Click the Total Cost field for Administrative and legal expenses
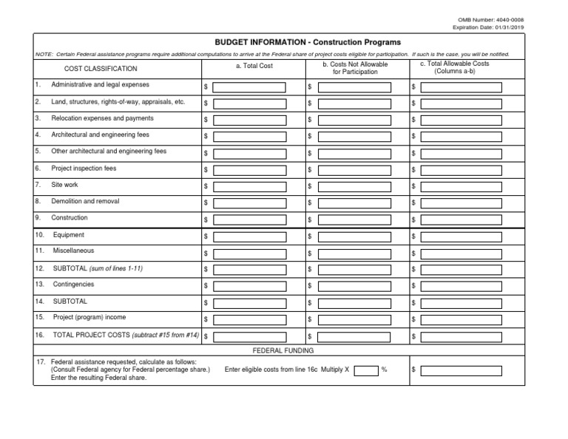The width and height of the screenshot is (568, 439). pos(248,87)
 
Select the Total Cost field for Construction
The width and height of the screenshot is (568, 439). pos(248,219)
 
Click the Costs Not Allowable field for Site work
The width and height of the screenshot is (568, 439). pos(354,186)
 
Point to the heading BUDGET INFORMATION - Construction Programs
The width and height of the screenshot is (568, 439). pos(308,43)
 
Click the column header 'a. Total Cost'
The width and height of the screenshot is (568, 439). pos(254,67)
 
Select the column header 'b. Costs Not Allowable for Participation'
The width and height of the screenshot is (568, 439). pos(355,68)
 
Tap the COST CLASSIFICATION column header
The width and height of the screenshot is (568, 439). pos(101,69)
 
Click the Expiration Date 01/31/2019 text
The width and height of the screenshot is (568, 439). pos(493,27)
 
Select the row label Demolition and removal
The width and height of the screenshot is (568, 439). pos(85,201)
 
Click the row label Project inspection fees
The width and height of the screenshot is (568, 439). pos(84,169)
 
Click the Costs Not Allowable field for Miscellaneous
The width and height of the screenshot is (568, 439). pos(354,253)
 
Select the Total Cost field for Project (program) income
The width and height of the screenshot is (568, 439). pos(248,319)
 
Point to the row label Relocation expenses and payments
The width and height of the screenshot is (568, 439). pos(102,118)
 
